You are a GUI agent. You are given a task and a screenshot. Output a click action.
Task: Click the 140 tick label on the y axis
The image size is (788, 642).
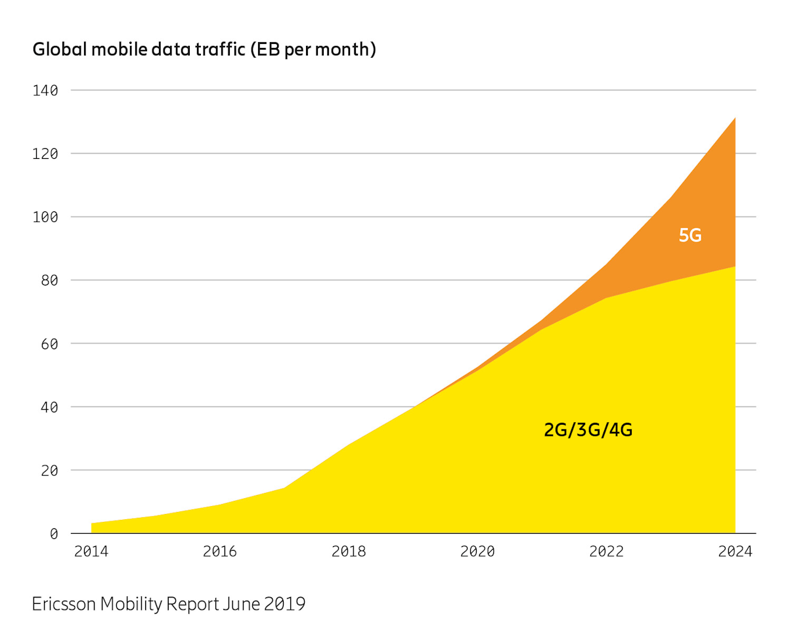tap(45, 90)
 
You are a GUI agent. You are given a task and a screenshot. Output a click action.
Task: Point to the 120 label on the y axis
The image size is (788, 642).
tap(45, 154)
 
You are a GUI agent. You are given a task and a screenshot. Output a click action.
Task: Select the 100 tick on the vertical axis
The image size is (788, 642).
tap(45, 217)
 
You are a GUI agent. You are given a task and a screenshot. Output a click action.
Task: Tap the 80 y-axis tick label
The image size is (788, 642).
tap(49, 280)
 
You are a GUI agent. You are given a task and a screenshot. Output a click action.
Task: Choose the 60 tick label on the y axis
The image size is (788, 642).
tap(49, 343)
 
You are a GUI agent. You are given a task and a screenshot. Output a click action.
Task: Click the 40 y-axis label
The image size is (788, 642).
tap(49, 407)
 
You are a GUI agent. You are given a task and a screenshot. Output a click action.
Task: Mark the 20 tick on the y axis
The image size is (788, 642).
tap(49, 471)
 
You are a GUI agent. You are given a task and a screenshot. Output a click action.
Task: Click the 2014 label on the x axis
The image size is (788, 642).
tap(91, 551)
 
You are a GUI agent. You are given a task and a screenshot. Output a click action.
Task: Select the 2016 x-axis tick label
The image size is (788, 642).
tap(220, 551)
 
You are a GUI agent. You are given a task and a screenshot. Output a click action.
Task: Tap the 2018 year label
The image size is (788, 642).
tap(349, 551)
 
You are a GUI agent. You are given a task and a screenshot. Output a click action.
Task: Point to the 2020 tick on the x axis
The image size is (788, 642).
tap(477, 551)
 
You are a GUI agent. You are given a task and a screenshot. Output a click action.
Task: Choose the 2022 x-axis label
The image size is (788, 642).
tap(606, 551)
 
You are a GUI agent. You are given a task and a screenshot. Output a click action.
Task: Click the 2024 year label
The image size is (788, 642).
tap(735, 551)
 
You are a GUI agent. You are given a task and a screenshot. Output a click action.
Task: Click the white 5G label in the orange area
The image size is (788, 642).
tap(690, 235)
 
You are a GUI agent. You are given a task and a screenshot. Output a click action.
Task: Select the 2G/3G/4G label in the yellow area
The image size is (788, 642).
tap(588, 431)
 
